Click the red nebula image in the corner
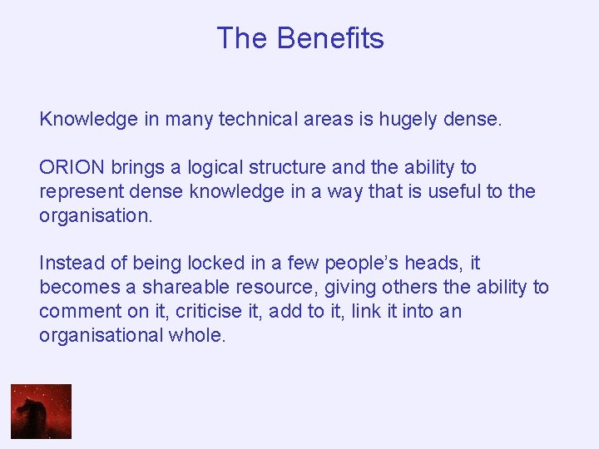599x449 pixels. coord(41,411)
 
